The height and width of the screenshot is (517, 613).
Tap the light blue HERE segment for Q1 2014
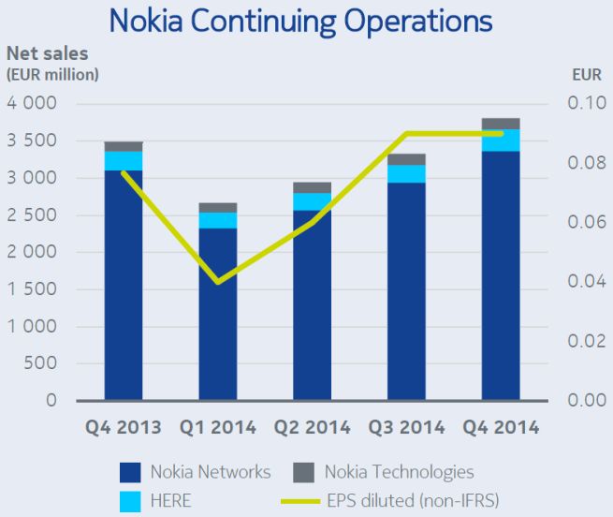(217, 220)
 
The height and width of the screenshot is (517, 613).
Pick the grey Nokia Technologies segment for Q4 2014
(500, 124)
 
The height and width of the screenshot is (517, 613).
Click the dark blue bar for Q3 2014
(406, 290)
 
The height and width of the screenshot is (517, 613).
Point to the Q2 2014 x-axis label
(312, 427)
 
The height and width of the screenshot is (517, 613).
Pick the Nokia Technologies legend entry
(399, 472)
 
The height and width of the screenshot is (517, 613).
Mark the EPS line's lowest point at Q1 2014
(217, 282)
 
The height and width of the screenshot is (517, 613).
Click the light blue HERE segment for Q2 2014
(312, 201)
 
